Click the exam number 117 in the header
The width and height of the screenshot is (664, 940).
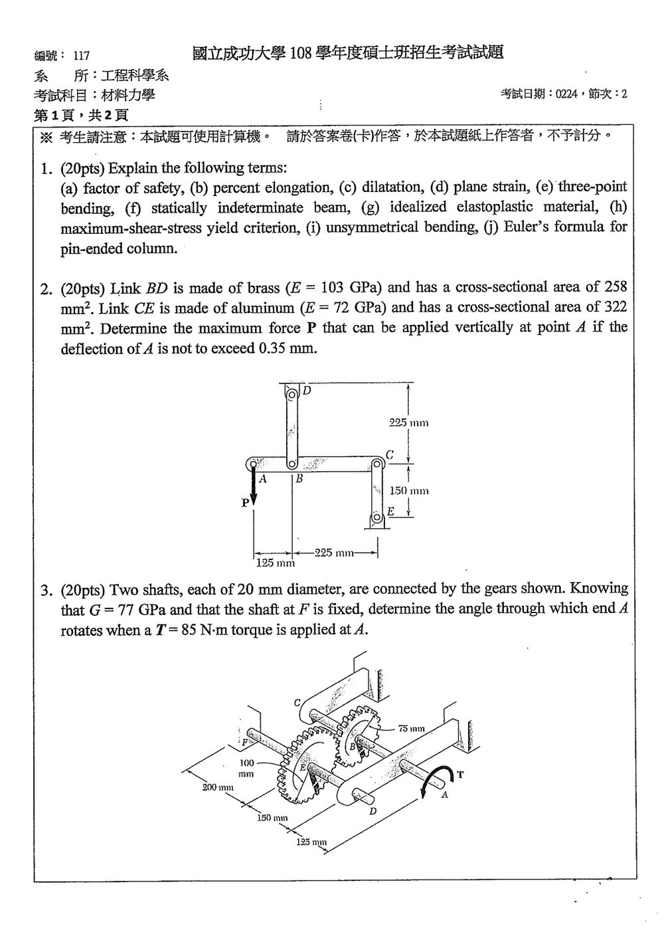coord(82,56)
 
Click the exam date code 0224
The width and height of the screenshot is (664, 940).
coord(566,94)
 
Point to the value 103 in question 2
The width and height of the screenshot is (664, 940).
coord(332,288)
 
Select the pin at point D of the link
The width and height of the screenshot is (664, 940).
coord(292,394)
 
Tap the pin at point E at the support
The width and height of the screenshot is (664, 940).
coord(376,517)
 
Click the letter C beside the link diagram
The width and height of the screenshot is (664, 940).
coord(390,455)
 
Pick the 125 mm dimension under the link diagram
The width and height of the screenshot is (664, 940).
coord(275,563)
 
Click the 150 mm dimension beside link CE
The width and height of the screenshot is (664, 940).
coord(409,490)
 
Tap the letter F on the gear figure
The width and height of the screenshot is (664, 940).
coord(245,742)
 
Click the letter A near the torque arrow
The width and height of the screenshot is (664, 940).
coord(445,795)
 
